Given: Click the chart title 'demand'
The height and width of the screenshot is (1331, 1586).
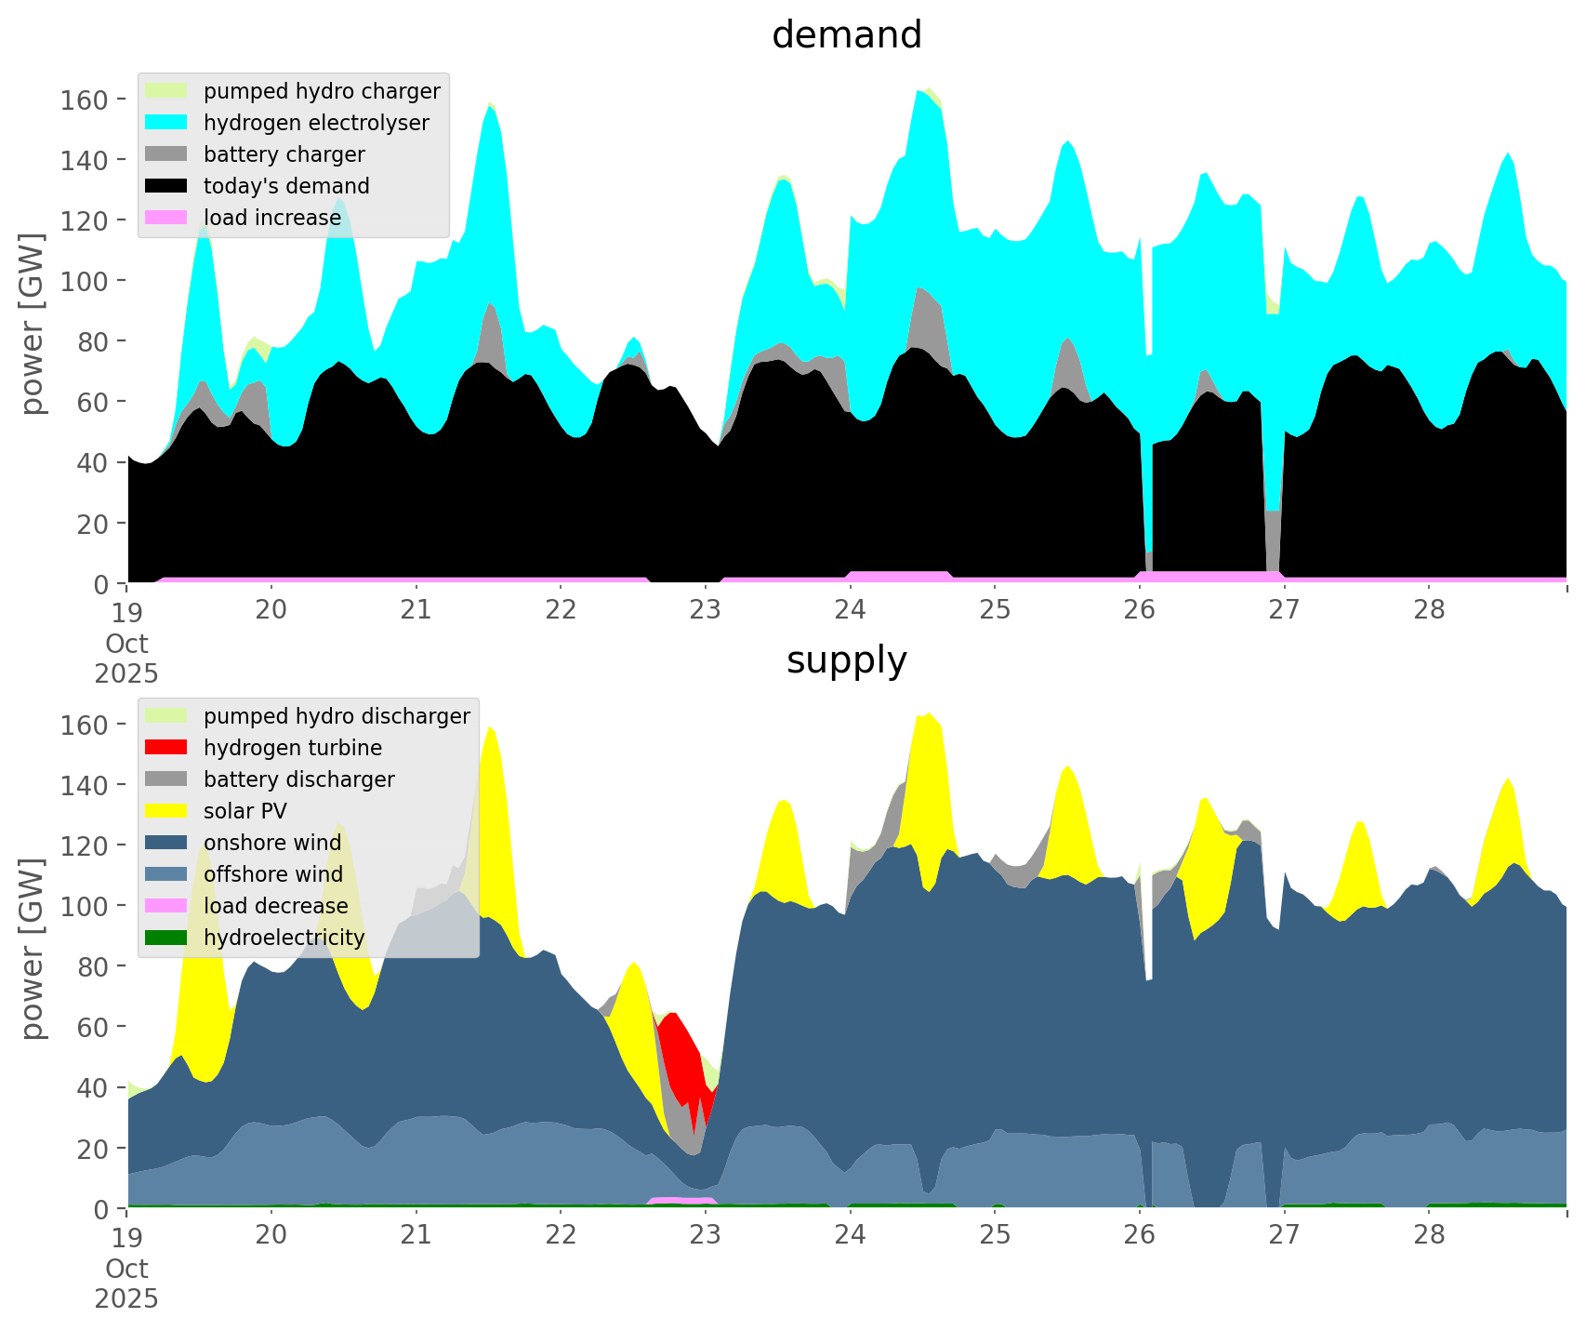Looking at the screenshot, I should (x=846, y=35).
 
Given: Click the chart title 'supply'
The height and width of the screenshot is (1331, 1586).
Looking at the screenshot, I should (x=846, y=660).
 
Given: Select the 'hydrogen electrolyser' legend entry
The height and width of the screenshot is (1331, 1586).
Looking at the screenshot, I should (x=316, y=123).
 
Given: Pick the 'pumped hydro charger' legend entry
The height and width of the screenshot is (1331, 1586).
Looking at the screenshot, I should (x=322, y=91).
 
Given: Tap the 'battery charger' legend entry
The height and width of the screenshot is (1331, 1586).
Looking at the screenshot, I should (x=284, y=154).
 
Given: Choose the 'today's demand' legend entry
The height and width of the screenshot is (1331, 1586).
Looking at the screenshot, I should (x=286, y=186).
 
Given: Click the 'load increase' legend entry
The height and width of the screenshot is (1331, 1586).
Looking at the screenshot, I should (x=272, y=218).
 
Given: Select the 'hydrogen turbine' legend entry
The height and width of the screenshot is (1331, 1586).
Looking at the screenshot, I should (x=293, y=748).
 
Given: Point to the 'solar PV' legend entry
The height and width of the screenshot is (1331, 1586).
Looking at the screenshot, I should (x=245, y=811).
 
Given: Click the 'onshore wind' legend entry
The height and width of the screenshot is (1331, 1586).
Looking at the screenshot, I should (x=272, y=843).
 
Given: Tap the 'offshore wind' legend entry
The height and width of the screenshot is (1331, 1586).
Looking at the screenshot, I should (x=273, y=874).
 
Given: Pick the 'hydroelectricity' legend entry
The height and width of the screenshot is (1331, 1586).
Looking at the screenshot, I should (x=284, y=938).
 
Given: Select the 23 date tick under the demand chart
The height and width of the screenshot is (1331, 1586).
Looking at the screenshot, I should (x=706, y=610).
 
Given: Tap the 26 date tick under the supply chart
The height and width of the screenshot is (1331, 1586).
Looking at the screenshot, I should (x=1140, y=1235).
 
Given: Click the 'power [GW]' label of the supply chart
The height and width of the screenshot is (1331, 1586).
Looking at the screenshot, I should (x=33, y=949).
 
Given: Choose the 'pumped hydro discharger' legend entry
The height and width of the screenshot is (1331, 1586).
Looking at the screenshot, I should (x=337, y=716).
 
